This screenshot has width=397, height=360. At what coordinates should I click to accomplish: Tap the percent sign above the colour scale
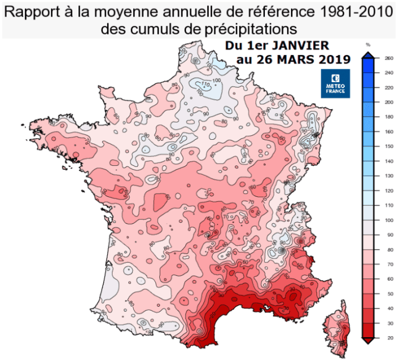click(x=368, y=44)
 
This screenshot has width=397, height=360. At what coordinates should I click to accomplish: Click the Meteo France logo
click(x=335, y=83)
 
